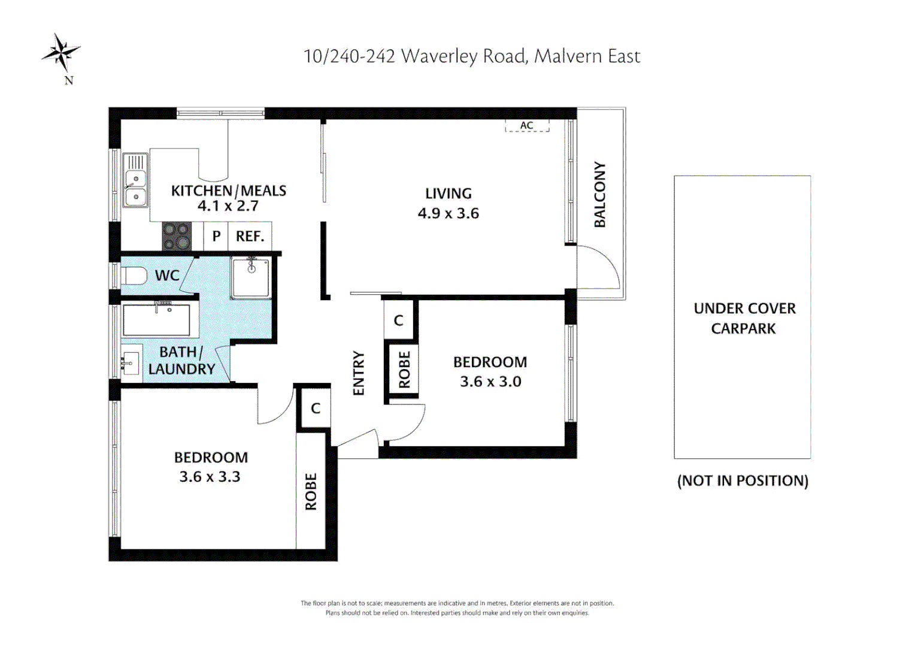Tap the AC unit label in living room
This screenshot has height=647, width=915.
526,125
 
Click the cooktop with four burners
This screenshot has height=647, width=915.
177,236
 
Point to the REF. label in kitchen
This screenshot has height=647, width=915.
250,237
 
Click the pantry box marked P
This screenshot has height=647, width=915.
216,237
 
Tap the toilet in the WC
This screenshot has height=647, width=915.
134,276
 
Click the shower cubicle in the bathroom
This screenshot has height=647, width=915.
251,278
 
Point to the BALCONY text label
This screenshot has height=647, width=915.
599,195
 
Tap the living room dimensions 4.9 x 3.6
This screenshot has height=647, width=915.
448,213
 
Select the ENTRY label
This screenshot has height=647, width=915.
359,373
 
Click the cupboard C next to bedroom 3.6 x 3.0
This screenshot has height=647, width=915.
399,321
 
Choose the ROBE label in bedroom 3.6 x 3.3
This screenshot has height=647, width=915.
311,491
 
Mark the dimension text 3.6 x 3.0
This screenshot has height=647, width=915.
490,382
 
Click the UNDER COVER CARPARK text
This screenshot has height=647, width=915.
744,318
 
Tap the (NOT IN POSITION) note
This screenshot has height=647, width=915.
743,480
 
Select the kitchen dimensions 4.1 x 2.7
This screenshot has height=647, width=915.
228,206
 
